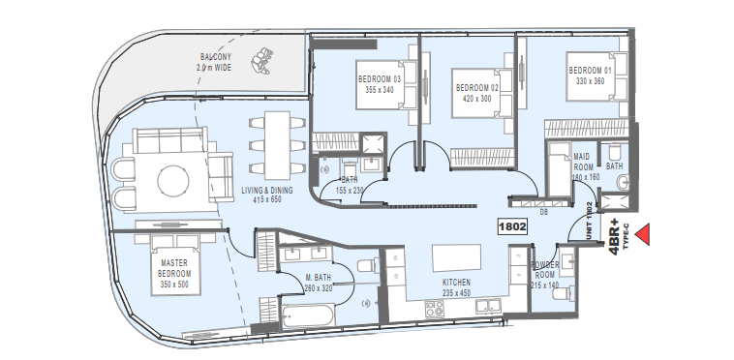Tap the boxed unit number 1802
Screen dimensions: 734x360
pyautogui.click(x=512, y=227)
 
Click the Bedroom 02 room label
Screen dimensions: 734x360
pyautogui.click(x=477, y=88)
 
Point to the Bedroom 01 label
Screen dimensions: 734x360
pyautogui.click(x=590, y=71)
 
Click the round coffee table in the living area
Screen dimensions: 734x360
pyautogui.click(x=173, y=181)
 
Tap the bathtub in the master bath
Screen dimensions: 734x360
pyautogui.click(x=309, y=315)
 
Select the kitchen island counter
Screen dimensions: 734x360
pyautogui.click(x=456, y=257)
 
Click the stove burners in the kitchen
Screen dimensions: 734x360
pyautogui.click(x=434, y=309)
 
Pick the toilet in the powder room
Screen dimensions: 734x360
pyautogui.click(x=563, y=294)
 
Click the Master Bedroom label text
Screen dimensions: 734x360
pyautogui.click(x=174, y=268)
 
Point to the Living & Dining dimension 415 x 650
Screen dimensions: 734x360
pyautogui.click(x=268, y=200)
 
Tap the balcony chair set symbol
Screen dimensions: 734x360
pyautogui.click(x=261, y=61)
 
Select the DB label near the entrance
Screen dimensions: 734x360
pyautogui.click(x=543, y=212)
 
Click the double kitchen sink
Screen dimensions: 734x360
pyautogui.click(x=488, y=306)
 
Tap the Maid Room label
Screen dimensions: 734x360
pyautogui.click(x=583, y=162)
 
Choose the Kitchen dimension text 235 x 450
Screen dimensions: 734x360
pyautogui.click(x=456, y=293)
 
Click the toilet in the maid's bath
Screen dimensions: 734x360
pyautogui.click(x=614, y=151)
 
